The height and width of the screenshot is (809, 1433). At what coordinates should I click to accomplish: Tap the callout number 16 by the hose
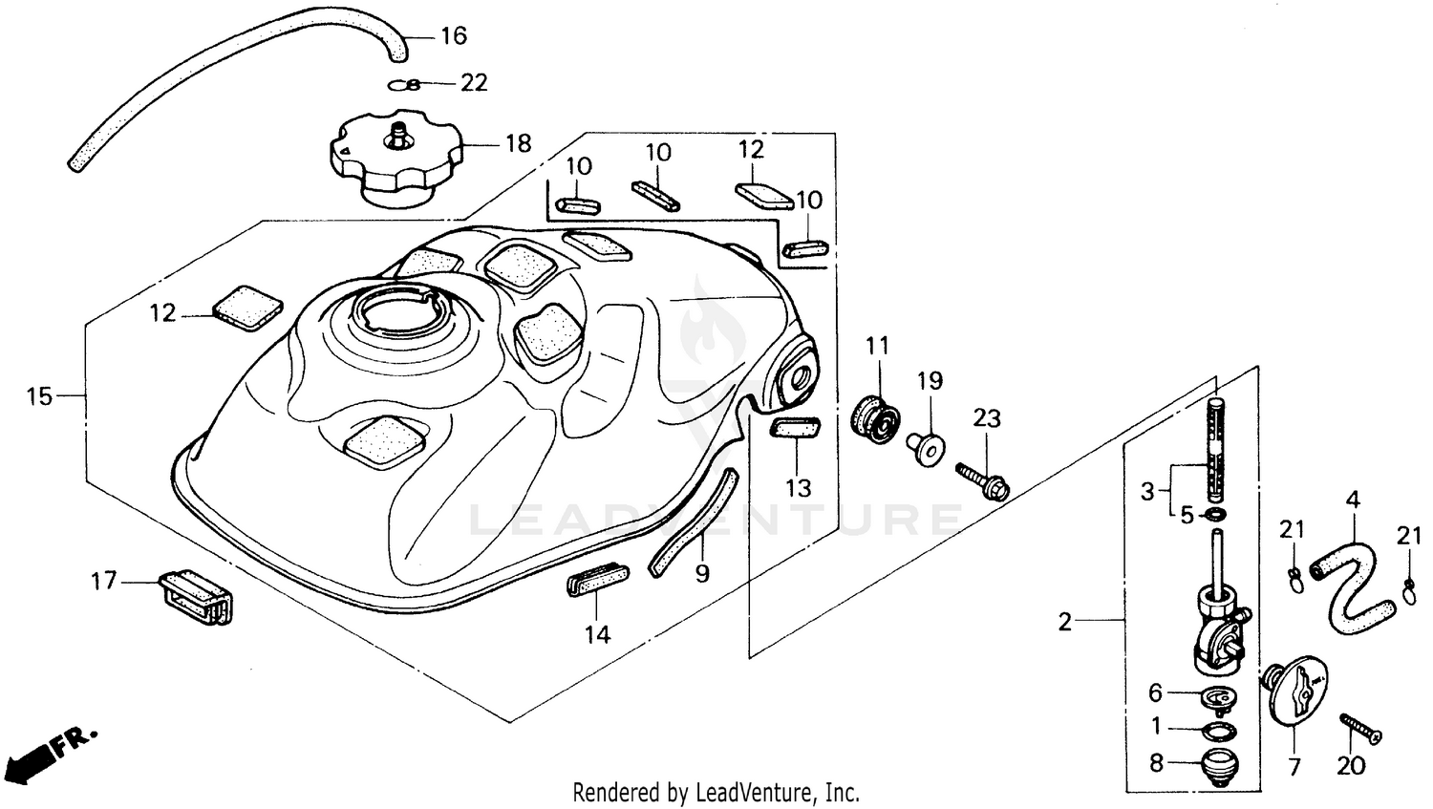tap(453, 36)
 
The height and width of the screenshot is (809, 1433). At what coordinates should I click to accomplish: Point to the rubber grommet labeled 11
tap(875, 416)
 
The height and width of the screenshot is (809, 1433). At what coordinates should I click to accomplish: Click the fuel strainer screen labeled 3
tap(1216, 457)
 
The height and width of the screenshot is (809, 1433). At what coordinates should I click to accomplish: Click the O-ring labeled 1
tap(1215, 732)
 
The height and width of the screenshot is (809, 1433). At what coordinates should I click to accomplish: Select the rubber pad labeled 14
tap(597, 581)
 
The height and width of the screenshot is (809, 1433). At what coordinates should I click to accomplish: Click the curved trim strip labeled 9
tap(693, 522)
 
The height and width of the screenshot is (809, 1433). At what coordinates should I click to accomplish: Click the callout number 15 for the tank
tap(39, 396)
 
